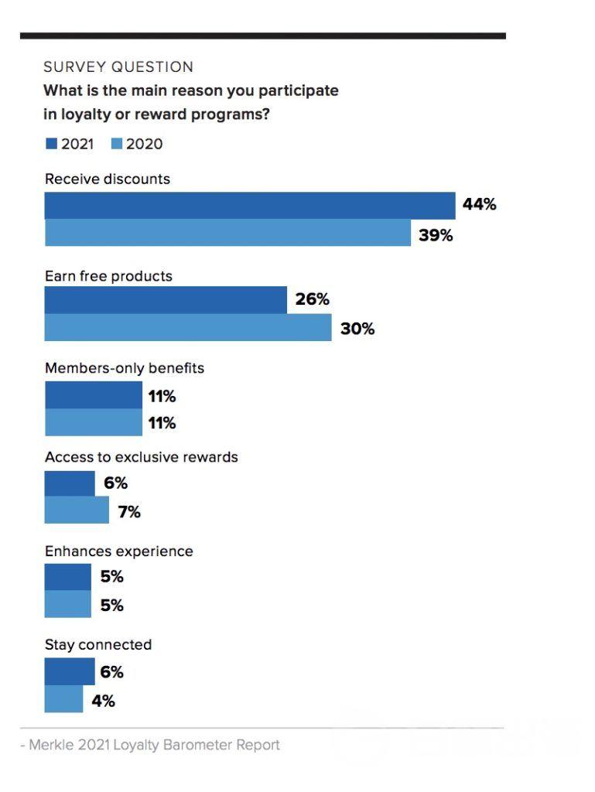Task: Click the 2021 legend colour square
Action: click(51, 144)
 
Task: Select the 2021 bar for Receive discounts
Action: click(249, 206)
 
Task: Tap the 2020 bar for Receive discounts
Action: click(227, 233)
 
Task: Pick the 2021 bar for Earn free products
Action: click(166, 299)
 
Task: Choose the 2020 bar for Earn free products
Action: click(188, 328)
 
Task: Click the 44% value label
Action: click(479, 205)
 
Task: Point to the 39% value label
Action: click(436, 235)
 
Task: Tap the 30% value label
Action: click(357, 329)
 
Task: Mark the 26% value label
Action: click(312, 299)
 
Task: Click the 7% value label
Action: click(129, 511)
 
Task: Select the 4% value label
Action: click(103, 701)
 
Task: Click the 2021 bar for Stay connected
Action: click(70, 671)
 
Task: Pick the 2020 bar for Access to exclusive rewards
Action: click(77, 510)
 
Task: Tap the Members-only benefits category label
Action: click(125, 368)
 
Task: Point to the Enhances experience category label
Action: click(118, 551)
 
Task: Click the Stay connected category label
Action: click(98, 645)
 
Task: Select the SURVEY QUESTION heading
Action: click(118, 67)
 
